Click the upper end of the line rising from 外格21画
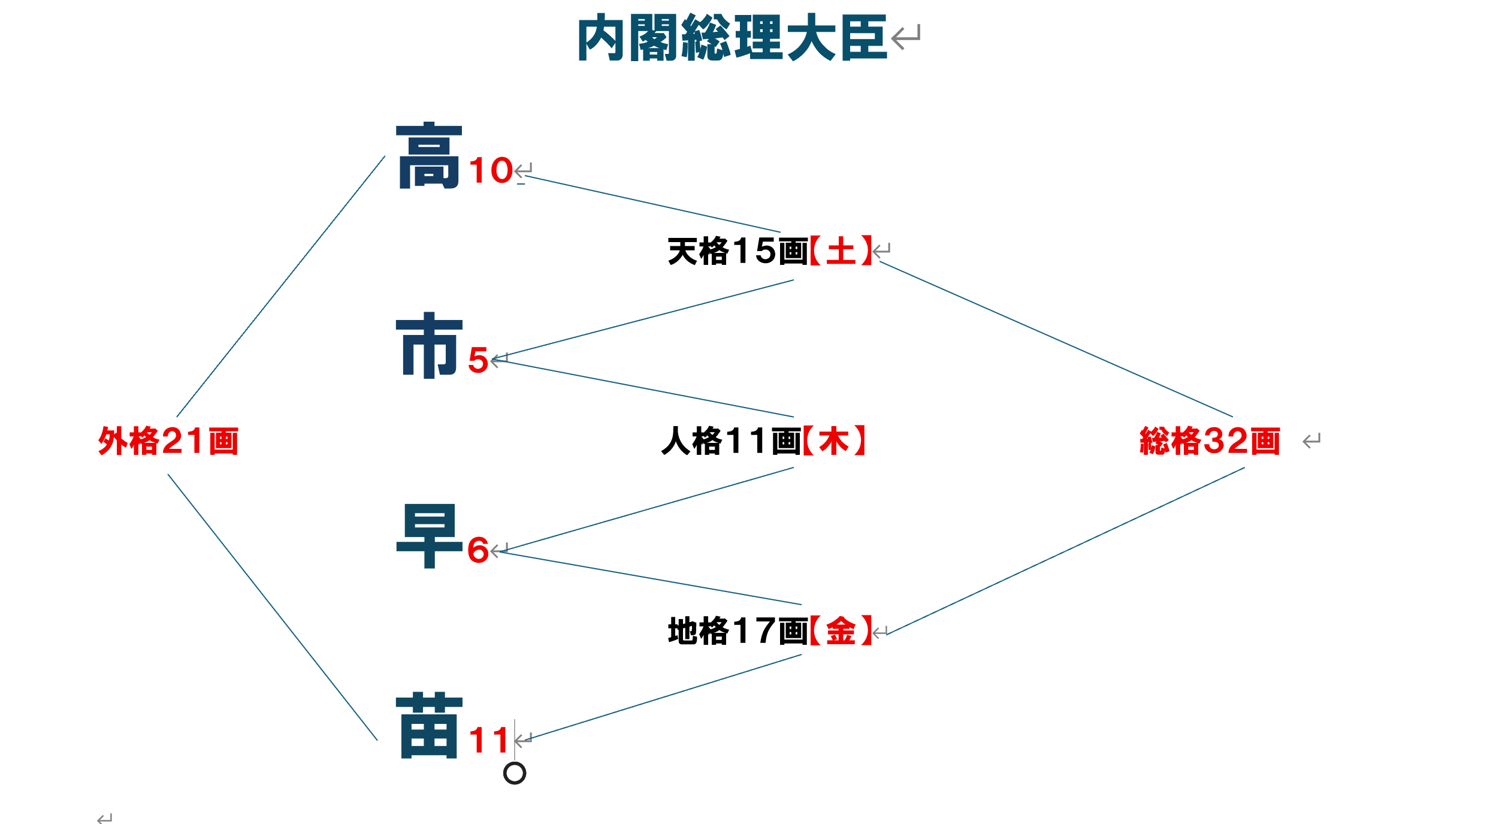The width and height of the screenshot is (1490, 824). point(385,156)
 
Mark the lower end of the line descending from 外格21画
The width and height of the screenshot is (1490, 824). point(377,740)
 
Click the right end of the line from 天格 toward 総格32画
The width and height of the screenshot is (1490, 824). point(1232,416)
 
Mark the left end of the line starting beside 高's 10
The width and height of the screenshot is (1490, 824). point(525,176)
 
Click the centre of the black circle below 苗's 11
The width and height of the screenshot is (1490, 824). point(515,773)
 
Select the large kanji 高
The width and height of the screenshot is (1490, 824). point(429,156)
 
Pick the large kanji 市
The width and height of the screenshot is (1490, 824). point(429,345)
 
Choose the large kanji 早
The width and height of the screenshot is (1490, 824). point(429,536)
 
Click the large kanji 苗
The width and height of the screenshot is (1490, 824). point(429,725)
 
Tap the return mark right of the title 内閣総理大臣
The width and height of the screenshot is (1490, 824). point(905,37)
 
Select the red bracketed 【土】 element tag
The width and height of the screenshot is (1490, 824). point(841,250)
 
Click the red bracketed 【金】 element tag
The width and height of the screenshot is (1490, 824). point(841,630)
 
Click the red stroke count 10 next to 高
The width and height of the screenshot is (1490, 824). point(491,170)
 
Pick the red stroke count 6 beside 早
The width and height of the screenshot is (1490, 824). point(478,550)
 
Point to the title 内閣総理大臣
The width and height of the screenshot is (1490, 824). point(732,38)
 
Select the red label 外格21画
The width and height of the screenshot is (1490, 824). point(168,441)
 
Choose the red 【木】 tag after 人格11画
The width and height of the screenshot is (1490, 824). point(834,440)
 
